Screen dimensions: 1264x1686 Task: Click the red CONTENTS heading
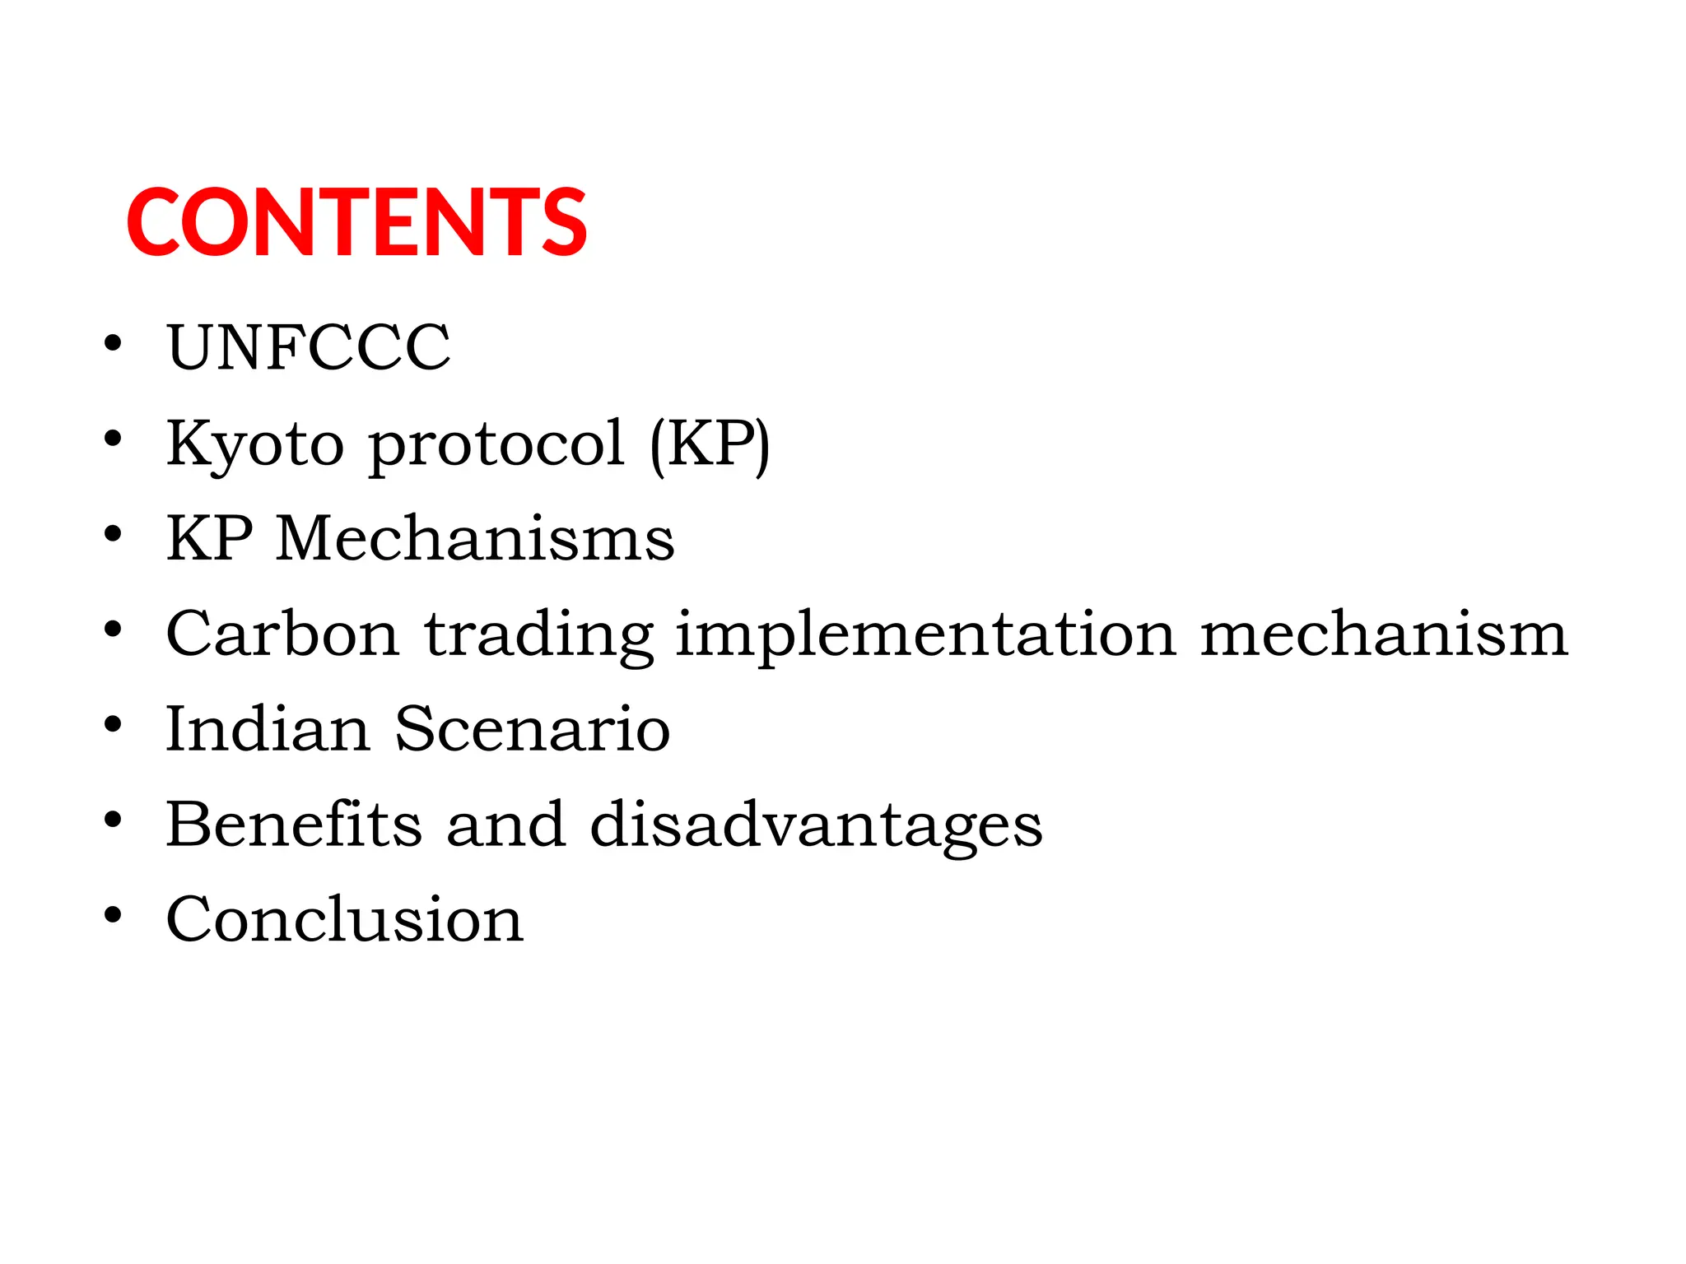tap(356, 222)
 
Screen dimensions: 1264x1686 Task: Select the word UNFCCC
tap(309, 347)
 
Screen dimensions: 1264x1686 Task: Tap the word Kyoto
tap(255, 444)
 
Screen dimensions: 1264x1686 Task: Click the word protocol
tap(496, 444)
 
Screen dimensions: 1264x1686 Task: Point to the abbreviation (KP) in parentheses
tap(710, 444)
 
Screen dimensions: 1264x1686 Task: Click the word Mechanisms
tap(475, 539)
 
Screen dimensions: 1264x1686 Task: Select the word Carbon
tap(283, 634)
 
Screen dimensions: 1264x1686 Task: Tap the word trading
tap(539, 636)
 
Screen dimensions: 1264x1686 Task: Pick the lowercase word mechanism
tap(1384, 634)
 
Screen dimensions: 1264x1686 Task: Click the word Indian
tap(268, 729)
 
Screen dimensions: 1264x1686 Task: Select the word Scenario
tap(533, 729)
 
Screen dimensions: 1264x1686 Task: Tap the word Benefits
tap(295, 824)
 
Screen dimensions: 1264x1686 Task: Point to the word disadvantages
tap(816, 825)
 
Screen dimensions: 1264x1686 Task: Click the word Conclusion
tap(345, 919)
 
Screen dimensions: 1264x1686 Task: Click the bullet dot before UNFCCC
tap(113, 342)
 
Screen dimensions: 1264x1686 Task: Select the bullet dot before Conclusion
tap(113, 914)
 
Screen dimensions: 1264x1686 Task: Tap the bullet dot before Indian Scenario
tap(113, 724)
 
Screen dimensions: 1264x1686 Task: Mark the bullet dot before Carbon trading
tap(113, 630)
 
